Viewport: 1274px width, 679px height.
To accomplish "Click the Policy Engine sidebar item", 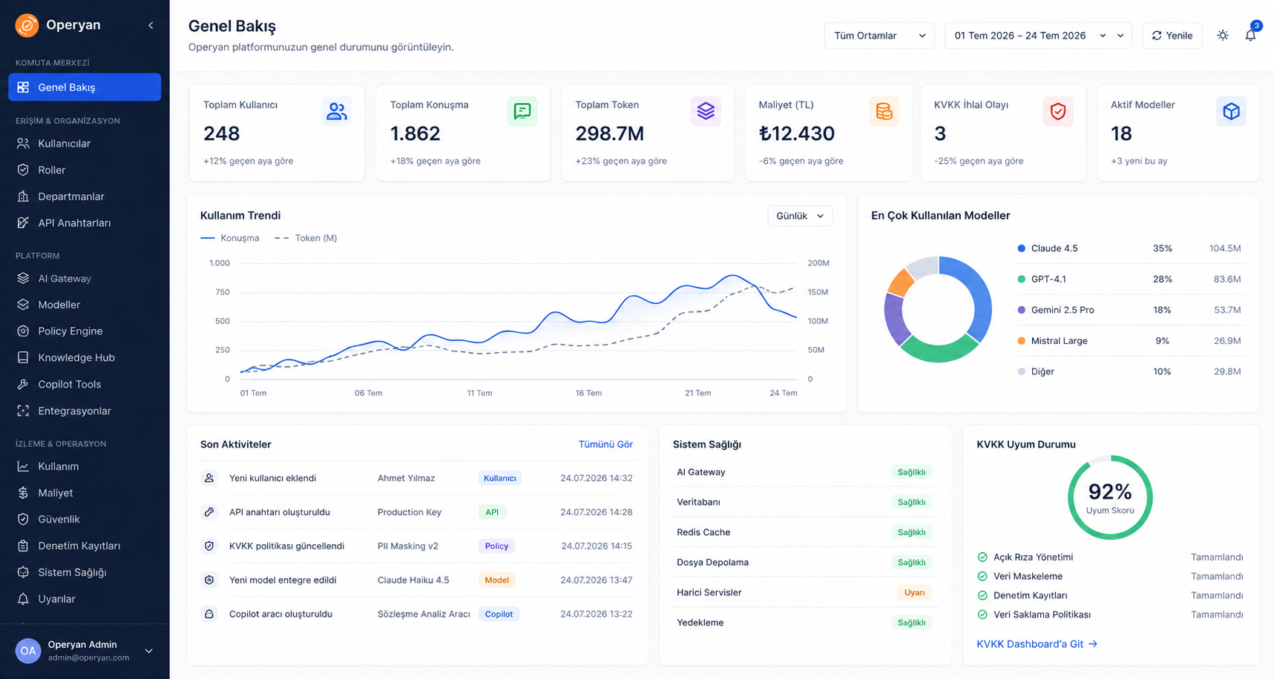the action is [x=70, y=331].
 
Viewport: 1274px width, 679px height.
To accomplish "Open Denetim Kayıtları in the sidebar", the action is [x=79, y=546].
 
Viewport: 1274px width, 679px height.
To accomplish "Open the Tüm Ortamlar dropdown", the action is [x=879, y=36].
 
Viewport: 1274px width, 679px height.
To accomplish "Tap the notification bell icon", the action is [x=1250, y=36].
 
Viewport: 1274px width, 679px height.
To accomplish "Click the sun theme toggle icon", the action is [x=1223, y=36].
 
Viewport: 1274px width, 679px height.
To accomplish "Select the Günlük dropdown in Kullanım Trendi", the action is [x=800, y=216].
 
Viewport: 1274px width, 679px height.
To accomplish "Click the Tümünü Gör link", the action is [x=605, y=444].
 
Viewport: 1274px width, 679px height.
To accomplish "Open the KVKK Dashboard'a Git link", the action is [x=1037, y=644].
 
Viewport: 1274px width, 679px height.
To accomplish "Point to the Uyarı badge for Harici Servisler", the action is [x=914, y=592].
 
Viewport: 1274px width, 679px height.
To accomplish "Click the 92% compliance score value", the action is [x=1110, y=491].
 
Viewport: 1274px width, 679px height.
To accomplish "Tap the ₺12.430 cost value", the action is [x=797, y=133].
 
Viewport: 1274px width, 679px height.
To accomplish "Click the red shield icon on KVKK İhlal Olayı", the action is [x=1058, y=111].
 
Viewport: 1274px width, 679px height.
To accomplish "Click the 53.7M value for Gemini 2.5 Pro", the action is [x=1227, y=310].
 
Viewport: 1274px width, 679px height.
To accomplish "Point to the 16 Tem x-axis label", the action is [x=588, y=393].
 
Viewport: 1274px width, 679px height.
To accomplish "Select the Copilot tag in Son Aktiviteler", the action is [x=499, y=614].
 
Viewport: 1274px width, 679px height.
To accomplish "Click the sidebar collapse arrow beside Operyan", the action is [x=151, y=25].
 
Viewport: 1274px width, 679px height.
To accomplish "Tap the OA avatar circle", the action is [x=28, y=651].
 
